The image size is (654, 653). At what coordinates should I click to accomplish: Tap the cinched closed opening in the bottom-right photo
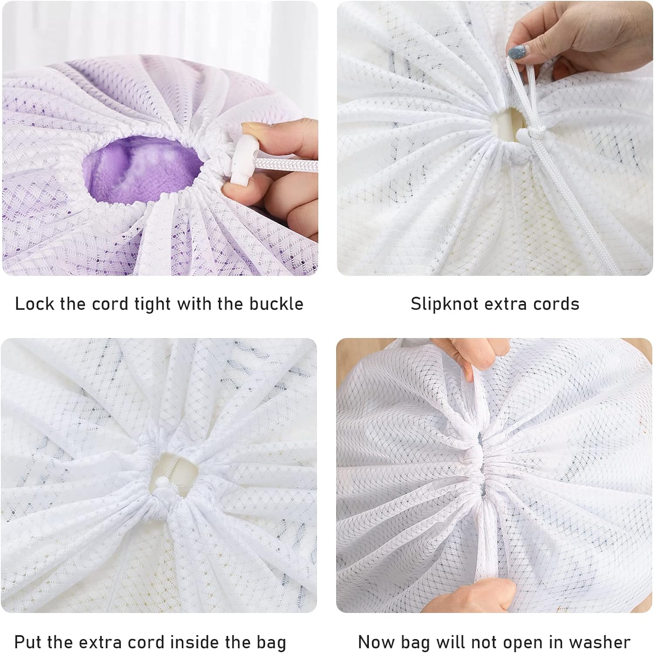click(478, 469)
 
